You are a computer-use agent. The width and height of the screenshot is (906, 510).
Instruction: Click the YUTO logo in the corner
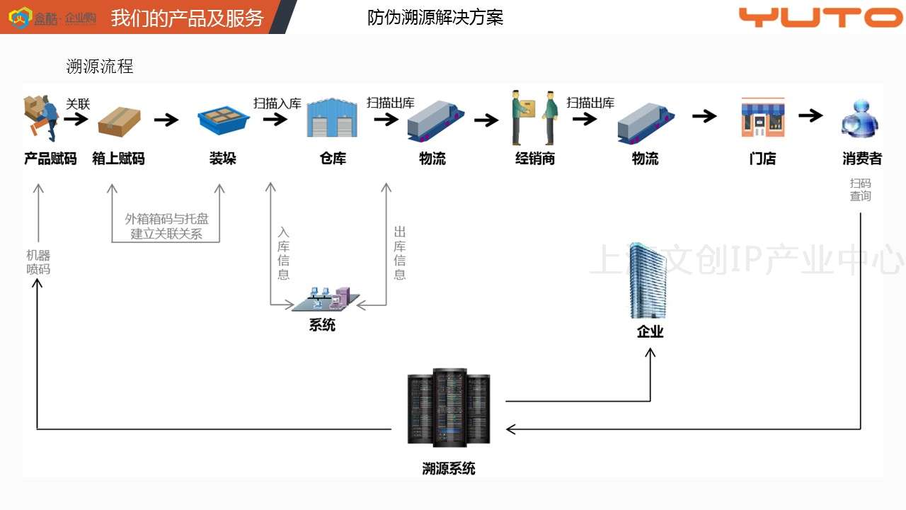click(x=820, y=17)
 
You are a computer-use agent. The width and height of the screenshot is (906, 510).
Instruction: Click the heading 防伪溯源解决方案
click(x=435, y=18)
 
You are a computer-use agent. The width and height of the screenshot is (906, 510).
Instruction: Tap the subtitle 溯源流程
click(x=100, y=67)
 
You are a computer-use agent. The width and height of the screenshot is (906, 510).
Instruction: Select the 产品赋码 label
click(x=50, y=159)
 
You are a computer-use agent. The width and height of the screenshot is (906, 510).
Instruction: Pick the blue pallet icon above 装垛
click(x=223, y=120)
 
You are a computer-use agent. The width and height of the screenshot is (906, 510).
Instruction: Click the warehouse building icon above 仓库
click(x=332, y=118)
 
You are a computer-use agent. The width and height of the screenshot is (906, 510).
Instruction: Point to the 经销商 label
click(x=535, y=159)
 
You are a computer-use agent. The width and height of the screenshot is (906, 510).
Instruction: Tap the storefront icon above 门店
click(x=762, y=118)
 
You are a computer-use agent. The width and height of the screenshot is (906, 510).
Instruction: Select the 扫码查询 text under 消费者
click(x=861, y=190)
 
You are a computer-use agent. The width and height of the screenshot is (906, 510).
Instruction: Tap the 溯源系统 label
click(x=449, y=468)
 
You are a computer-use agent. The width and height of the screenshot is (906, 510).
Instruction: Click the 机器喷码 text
click(x=38, y=262)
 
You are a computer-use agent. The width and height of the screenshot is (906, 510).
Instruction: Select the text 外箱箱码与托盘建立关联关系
click(x=167, y=227)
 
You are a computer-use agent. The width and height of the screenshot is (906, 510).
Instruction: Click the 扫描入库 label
click(x=277, y=103)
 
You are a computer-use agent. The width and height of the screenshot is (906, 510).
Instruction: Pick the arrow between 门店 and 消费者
click(x=811, y=115)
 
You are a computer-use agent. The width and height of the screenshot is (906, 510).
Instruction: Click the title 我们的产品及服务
click(x=187, y=18)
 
